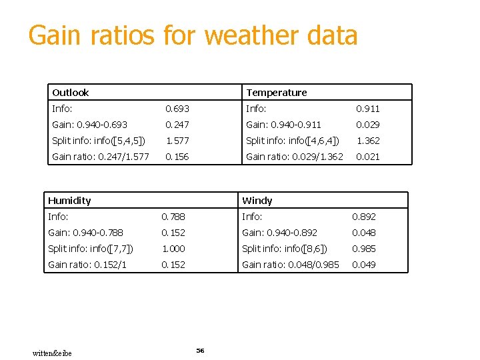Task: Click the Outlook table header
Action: pos(71,93)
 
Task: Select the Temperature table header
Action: pos(276,93)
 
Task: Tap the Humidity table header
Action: pos(69,201)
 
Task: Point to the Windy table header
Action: pos(257,201)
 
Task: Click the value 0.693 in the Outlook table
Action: pos(177,109)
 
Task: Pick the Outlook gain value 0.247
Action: pos(177,125)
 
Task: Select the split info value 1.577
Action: pos(177,141)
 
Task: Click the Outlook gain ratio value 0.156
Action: pos(177,157)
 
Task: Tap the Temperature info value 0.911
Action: pos(367,109)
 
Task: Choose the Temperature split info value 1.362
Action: pos(367,141)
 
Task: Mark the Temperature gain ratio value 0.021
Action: pos(367,157)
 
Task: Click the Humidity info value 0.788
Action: pos(173,217)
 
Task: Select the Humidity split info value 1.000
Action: pos(173,249)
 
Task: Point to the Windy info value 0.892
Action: pos(364,217)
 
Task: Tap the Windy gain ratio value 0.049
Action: pos(364,265)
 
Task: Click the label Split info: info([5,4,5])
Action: pos(98,141)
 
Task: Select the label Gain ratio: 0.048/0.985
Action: pos(291,265)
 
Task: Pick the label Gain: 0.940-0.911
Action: pos(283,125)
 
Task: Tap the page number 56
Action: pos(200,350)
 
